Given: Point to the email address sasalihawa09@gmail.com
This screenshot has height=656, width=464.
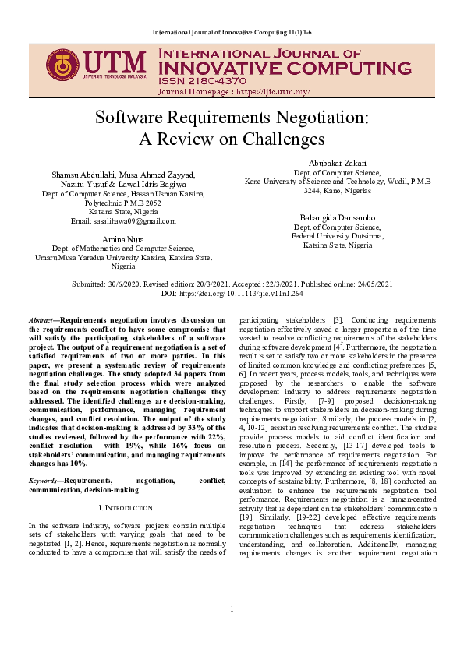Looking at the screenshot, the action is (x=123, y=220).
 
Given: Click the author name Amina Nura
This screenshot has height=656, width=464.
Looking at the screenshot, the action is (x=123, y=237).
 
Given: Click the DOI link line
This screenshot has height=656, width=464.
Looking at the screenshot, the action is (x=232, y=293).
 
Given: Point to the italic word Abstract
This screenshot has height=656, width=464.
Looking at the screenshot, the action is (x=40, y=319).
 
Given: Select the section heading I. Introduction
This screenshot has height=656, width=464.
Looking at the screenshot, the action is (x=123, y=506).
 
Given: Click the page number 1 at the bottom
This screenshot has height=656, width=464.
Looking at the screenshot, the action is (x=232, y=630).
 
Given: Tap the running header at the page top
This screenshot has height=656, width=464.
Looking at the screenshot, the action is (x=232, y=33).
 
